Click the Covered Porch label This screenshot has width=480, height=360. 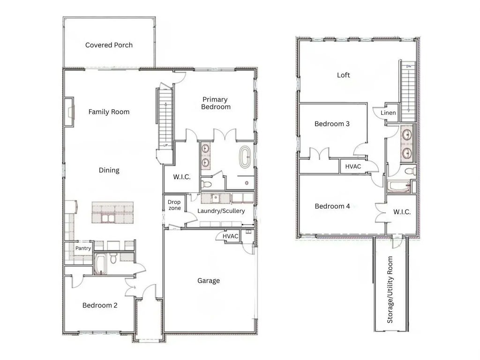coord(109,45)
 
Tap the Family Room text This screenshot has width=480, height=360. coord(109,112)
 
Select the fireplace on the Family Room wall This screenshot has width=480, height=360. coord(70,112)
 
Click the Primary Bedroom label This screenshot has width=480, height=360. coord(216,103)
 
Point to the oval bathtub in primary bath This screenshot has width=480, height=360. coord(245,157)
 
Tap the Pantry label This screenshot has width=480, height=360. coord(83,248)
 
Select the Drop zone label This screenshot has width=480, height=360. coord(174,205)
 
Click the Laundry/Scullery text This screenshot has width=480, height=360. coord(221,211)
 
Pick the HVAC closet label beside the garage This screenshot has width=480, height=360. coord(230,237)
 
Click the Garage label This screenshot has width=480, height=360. coord(209,281)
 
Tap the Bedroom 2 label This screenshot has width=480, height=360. coord(100,305)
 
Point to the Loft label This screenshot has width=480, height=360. coord(344,75)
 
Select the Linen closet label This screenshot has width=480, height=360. coord(388,113)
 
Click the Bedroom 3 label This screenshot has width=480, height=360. coord(332,124)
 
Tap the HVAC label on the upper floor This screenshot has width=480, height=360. coord(353,166)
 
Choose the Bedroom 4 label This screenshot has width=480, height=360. coord(332,206)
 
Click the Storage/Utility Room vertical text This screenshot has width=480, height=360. coord(390,290)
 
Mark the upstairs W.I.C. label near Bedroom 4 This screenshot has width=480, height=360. coord(402,212)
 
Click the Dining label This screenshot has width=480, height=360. coord(109,170)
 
